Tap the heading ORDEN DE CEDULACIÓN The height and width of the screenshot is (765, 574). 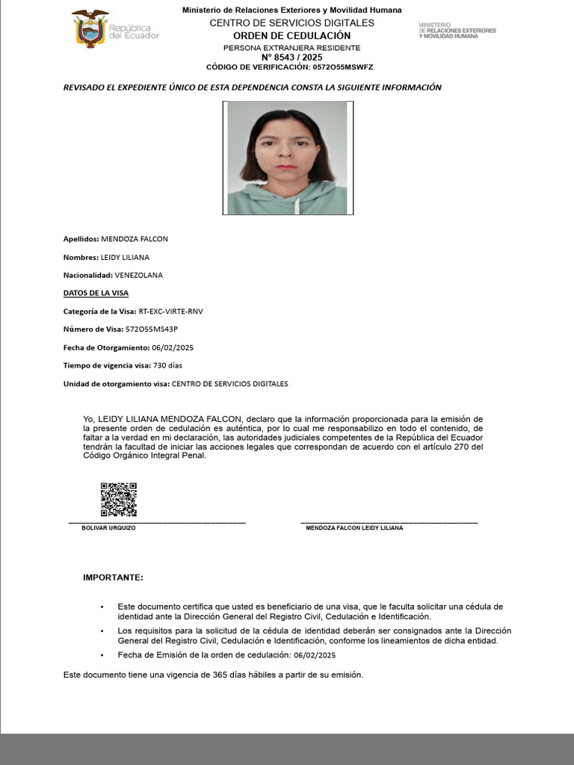pos(291,36)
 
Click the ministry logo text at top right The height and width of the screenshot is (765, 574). pos(457,31)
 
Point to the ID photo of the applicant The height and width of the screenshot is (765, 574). pos(287,158)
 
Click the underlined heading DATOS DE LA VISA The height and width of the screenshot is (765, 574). pos(90,294)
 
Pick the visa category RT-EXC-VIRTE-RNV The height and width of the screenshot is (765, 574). pos(170,312)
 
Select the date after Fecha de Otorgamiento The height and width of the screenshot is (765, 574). pos(173,347)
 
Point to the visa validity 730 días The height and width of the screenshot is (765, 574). pos(167,365)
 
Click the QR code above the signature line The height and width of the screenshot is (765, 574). pos(119,500)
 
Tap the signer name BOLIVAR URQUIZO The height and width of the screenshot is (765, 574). pos(108,528)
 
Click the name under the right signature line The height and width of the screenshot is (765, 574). pos(354,528)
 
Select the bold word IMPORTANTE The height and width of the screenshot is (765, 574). pos(113,577)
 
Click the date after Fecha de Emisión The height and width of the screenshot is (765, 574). pos(315,655)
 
